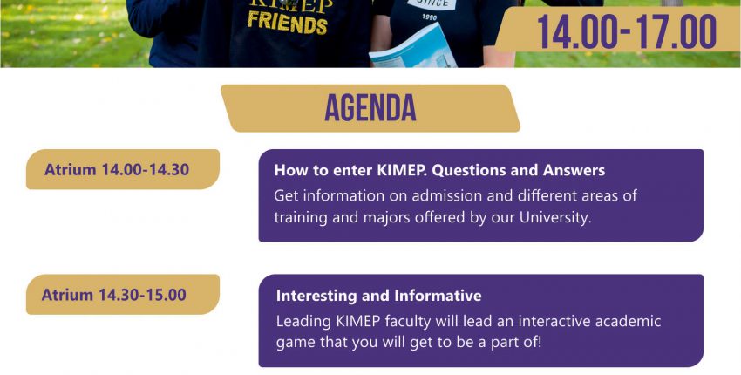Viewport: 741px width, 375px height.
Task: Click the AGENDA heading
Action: (x=370, y=108)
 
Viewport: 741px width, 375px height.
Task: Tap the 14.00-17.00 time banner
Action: (x=627, y=32)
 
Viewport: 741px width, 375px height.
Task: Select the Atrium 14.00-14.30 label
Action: (x=117, y=169)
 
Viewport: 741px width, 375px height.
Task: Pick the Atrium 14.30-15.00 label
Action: (x=114, y=295)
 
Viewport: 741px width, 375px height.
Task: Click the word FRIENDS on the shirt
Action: (x=288, y=24)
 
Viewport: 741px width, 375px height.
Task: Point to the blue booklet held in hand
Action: (x=413, y=47)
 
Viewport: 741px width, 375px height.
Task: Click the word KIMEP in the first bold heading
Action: (x=402, y=170)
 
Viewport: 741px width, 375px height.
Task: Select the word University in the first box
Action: (x=556, y=217)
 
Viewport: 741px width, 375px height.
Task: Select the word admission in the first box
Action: (x=446, y=195)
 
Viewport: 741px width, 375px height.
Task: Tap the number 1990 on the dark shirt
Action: (x=429, y=17)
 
